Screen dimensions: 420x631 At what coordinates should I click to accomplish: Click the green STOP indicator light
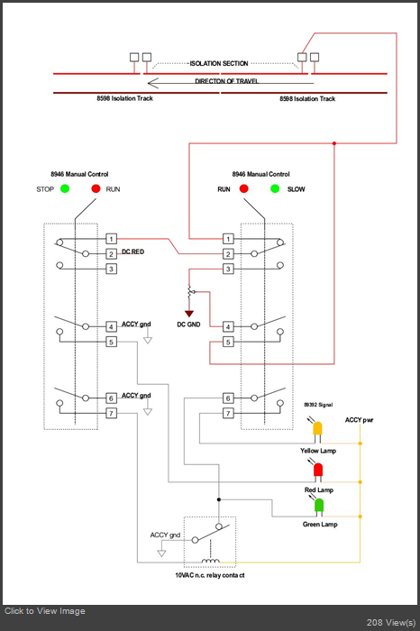pos(65,188)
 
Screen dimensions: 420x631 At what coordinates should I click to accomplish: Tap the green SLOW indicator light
pos(275,188)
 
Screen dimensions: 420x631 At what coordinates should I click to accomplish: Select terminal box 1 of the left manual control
pos(112,239)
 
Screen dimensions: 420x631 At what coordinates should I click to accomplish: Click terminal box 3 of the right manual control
pos(228,269)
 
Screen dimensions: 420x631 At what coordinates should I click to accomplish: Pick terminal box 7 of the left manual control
pos(112,413)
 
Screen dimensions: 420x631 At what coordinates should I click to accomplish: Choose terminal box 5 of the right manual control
pos(228,342)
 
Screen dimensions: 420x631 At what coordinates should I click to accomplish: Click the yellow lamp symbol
pos(318,431)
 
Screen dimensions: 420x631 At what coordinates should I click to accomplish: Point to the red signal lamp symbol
pos(318,471)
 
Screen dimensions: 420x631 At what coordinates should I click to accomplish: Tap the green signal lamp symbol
pos(319,507)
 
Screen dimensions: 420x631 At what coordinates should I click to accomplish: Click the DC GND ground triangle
pos(189,314)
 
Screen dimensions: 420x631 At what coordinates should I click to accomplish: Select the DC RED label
pos(132,251)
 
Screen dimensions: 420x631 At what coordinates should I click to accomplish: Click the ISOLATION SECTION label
pos(219,64)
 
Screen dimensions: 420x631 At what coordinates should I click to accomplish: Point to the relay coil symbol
pos(210,561)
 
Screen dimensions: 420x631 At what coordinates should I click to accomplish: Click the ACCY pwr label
pos(360,420)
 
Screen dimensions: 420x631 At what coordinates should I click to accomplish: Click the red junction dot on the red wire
pos(334,143)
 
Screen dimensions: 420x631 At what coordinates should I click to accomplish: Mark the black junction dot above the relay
pos(219,499)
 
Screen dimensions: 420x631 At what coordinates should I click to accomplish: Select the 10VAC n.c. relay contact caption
pos(210,575)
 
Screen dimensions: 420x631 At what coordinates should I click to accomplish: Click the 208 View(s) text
pos(390,623)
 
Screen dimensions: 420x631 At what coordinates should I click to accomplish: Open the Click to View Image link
pos(45,611)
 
